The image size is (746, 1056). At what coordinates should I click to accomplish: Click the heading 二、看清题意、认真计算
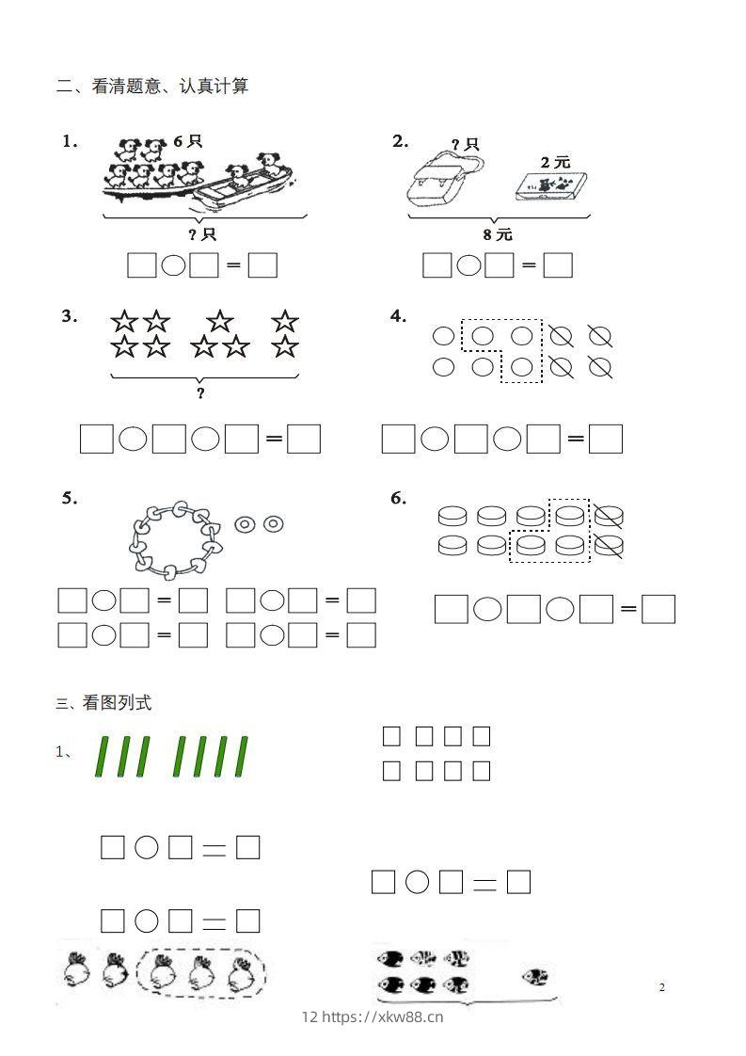(152, 87)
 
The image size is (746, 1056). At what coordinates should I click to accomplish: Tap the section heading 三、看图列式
(103, 703)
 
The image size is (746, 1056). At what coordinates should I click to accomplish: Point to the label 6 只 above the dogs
(187, 141)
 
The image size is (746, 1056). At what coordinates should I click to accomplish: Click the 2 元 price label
(555, 162)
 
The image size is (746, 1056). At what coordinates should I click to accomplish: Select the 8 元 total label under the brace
(498, 234)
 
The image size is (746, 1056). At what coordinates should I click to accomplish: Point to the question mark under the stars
(200, 393)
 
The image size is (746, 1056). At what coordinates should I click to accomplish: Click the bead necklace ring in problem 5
(175, 539)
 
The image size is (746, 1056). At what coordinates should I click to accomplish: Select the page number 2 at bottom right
(662, 987)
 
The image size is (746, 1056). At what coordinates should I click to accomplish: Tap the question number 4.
(398, 316)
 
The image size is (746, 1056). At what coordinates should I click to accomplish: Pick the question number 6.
(398, 498)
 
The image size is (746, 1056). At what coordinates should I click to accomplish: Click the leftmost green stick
(102, 758)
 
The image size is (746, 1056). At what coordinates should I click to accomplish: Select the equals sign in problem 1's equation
(233, 266)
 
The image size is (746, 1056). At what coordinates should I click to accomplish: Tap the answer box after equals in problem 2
(558, 266)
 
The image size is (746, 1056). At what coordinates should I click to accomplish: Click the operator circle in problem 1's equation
(173, 266)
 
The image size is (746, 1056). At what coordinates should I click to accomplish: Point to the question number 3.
(70, 316)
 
